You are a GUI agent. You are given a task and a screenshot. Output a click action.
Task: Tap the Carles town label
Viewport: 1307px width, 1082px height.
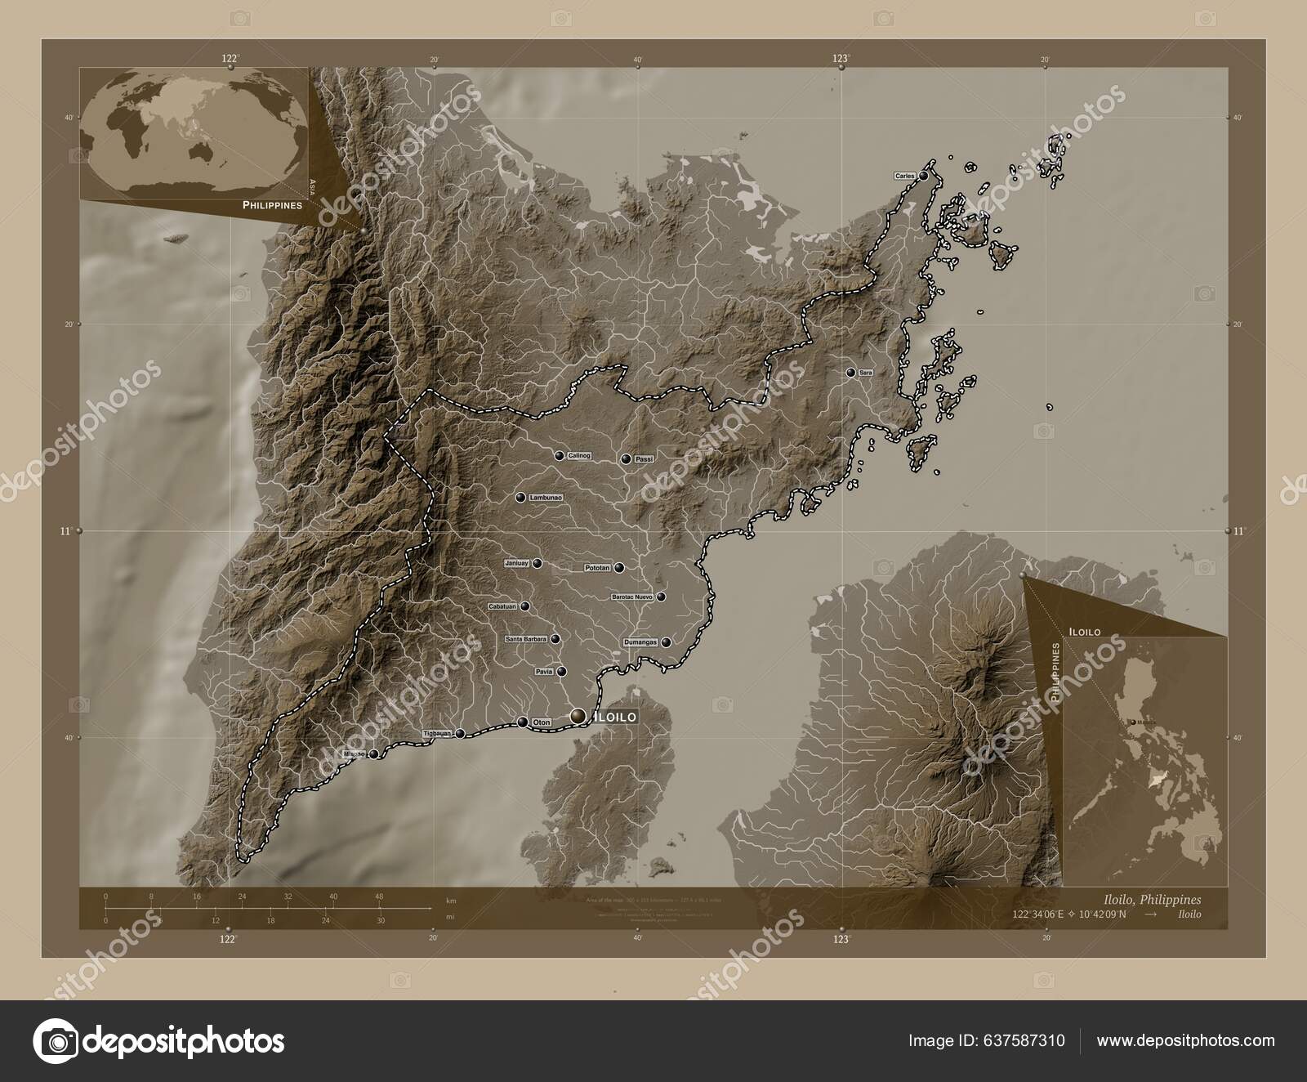click(904, 176)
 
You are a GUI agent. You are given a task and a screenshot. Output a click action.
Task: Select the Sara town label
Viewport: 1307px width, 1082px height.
click(866, 373)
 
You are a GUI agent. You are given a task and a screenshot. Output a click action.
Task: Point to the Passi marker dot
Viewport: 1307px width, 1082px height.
click(626, 460)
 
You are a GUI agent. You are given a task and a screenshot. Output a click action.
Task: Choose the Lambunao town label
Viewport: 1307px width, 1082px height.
click(546, 497)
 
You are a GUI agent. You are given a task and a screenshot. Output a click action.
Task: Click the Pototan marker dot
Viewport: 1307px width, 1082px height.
click(619, 567)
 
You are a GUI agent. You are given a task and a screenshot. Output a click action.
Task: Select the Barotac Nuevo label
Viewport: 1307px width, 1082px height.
click(632, 597)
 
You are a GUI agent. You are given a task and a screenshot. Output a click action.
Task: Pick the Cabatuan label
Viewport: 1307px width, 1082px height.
click(502, 606)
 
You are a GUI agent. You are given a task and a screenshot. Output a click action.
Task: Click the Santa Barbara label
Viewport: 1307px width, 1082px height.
click(526, 639)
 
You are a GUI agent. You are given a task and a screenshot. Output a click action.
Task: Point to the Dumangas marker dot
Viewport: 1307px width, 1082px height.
click(667, 643)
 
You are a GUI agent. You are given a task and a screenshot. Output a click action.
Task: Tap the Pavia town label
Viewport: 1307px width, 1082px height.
click(544, 672)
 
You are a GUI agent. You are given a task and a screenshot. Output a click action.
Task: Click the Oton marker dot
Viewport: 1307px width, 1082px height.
click(523, 722)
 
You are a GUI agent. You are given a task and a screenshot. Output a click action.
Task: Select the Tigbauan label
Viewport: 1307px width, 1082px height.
click(437, 734)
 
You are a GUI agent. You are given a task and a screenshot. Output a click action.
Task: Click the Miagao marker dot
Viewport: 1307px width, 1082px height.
click(374, 754)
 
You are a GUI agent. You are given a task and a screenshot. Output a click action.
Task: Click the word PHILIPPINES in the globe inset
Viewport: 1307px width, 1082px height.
click(271, 206)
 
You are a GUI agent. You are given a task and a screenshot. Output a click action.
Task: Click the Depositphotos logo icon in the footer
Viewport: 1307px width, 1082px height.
click(59, 1041)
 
